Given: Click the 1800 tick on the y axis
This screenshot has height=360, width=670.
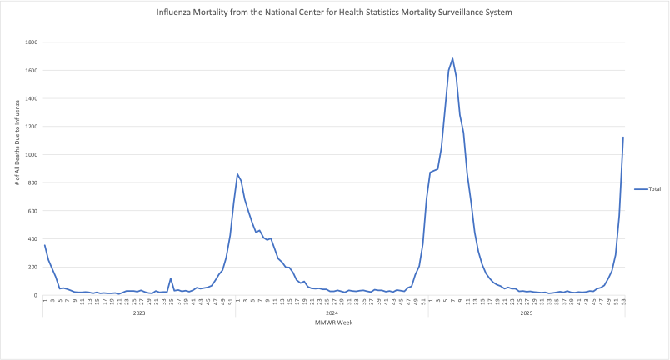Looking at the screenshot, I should [x=30, y=42].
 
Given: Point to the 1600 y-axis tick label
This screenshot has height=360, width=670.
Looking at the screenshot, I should [x=30, y=71].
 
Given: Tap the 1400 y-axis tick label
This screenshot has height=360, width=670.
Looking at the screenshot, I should [x=30, y=98].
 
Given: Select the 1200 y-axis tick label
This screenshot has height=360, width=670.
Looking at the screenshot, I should [x=30, y=127].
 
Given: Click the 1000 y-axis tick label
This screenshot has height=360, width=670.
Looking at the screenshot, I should [x=30, y=155].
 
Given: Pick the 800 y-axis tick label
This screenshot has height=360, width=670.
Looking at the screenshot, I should [x=32, y=182].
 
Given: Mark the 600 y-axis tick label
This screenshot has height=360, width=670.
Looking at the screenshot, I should [x=32, y=211].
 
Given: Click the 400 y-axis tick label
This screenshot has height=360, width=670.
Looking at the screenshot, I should [x=32, y=239].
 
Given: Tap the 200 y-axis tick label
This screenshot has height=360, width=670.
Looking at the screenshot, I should [x=32, y=267].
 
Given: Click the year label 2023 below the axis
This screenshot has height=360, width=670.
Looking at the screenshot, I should [x=139, y=312].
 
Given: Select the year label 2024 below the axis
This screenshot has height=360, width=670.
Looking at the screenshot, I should [x=332, y=312].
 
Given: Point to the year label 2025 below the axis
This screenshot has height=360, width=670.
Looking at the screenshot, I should [x=526, y=312].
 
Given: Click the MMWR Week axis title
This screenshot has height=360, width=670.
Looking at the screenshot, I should [x=333, y=322].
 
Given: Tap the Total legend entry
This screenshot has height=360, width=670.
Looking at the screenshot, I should [x=654, y=189].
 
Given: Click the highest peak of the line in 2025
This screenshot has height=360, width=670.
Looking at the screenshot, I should [x=452, y=58].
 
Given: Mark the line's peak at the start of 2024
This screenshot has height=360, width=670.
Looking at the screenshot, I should [x=237, y=174].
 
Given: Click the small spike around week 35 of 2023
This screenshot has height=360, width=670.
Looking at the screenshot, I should [x=171, y=278].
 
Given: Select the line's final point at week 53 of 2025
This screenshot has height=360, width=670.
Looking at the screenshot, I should [x=623, y=137].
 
